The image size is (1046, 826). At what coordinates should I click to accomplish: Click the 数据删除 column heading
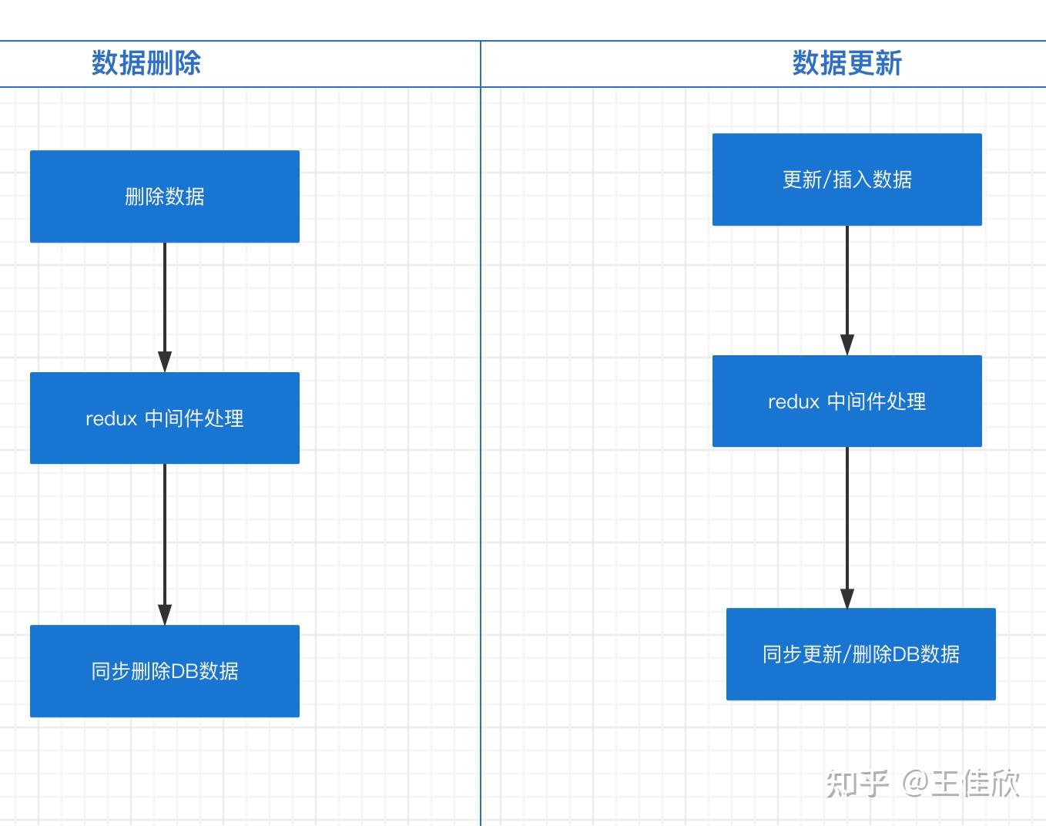[146, 63]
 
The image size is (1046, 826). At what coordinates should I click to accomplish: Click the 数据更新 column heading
[847, 63]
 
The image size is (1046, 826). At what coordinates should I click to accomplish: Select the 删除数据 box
[164, 196]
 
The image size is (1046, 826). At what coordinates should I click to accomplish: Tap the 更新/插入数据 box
[847, 180]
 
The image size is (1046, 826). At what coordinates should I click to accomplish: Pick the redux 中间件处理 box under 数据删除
[164, 418]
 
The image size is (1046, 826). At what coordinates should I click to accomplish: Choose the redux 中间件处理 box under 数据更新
[847, 401]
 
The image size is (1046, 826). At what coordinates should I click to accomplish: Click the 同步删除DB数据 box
[164, 670]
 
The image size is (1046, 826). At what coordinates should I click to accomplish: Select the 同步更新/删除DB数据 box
[860, 653]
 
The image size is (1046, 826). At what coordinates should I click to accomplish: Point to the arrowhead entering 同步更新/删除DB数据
[847, 598]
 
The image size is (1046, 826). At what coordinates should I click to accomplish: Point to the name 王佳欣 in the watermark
[975, 784]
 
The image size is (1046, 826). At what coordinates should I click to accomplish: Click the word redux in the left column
[111, 418]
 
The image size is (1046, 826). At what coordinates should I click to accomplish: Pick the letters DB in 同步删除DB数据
[185, 671]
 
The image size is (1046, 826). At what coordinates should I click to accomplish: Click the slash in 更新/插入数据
[827, 180]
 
